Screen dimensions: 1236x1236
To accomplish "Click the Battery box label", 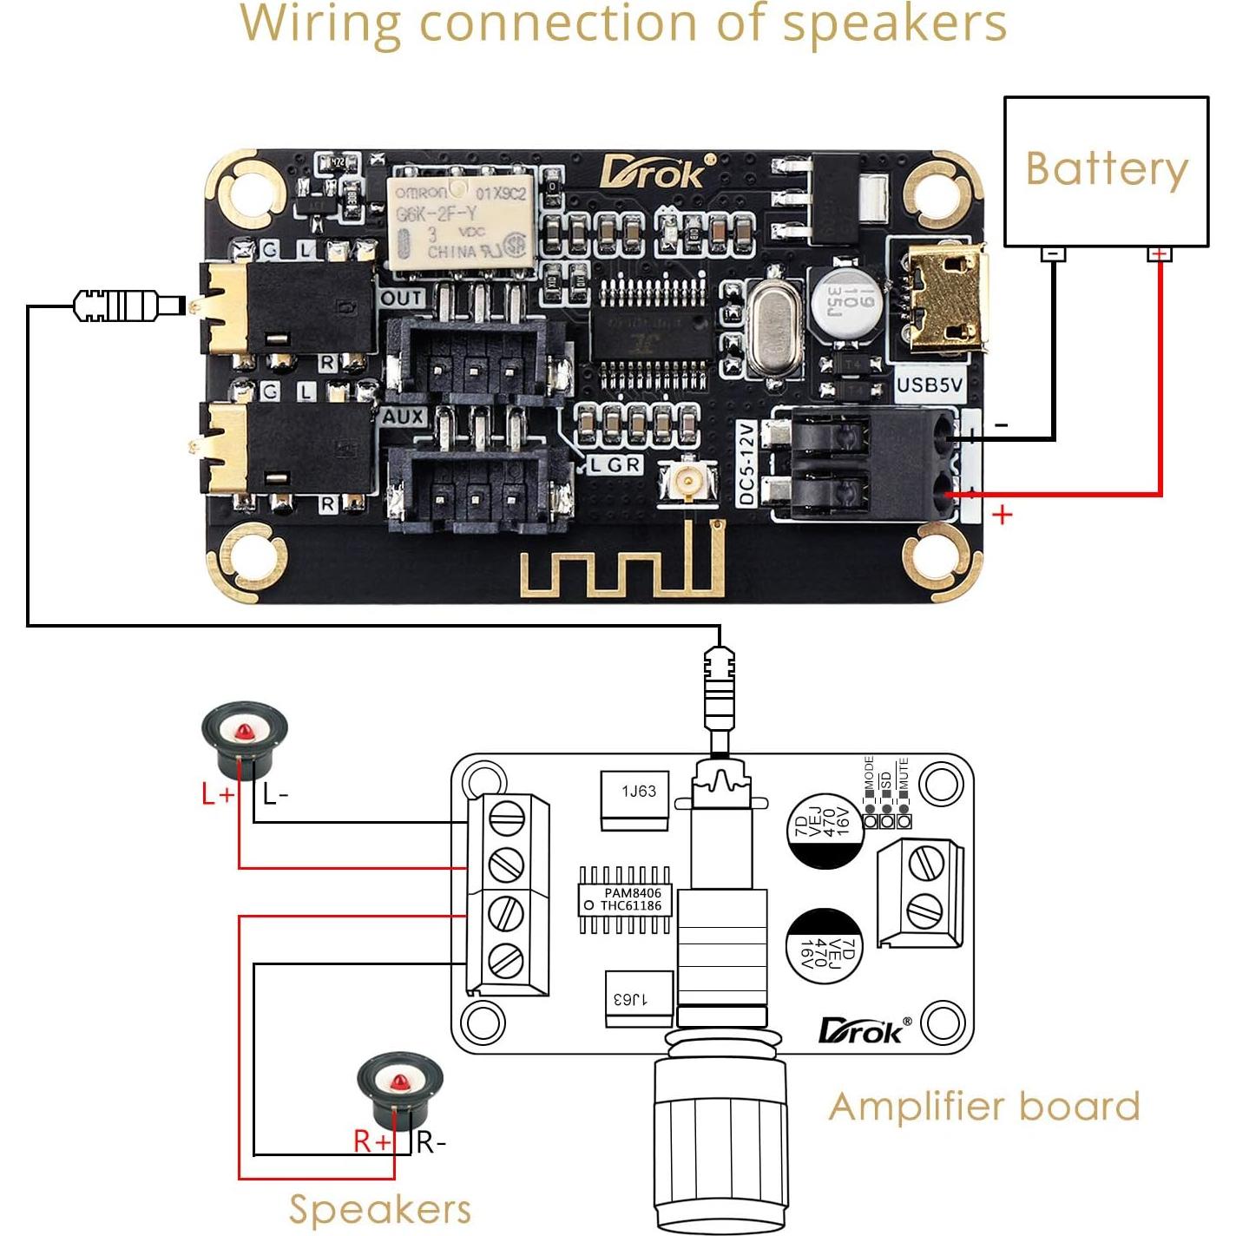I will pos(1106,168).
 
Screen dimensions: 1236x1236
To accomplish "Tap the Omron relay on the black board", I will pos(461,222).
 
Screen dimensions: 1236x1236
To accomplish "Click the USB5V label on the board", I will pos(929,384).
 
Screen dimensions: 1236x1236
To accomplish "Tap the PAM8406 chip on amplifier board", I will pos(624,899).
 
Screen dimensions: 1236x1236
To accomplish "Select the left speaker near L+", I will pos(244,742).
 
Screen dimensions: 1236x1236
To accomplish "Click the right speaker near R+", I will pos(400,1090).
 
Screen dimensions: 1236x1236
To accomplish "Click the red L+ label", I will pos(218,793).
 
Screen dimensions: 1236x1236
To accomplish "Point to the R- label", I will pos(431,1142).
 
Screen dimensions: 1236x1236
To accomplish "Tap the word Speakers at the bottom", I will pos(379,1209).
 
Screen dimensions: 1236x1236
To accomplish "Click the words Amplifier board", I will pos(983,1107).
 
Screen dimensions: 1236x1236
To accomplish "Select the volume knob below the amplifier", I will pos(720,1137).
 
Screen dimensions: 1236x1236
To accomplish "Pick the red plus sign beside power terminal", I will pos(1003,515).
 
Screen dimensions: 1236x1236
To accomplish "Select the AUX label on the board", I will pos(404,417).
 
